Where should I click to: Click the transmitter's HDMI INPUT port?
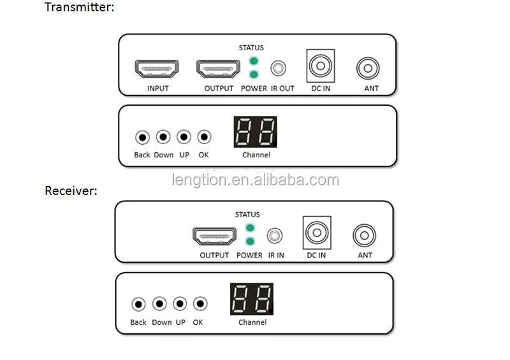157,69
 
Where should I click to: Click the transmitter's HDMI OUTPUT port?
218,69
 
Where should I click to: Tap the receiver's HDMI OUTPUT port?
214,236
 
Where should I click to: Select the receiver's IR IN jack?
275,236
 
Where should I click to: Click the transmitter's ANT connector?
367,68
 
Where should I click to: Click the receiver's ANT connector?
364,235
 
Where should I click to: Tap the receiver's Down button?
160,304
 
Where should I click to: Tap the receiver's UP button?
180,304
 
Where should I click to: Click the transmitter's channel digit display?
256,132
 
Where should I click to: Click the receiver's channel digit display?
252,299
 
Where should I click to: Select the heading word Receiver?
71,190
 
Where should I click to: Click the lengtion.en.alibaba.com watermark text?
255,180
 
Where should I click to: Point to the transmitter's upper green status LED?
254,61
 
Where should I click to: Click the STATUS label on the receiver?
247,215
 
